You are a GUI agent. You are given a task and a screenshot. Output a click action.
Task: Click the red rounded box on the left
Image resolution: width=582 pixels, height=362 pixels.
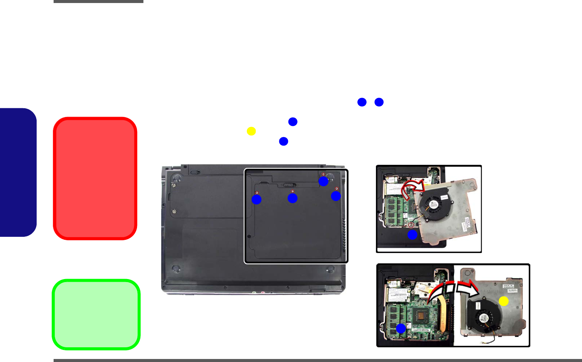95,178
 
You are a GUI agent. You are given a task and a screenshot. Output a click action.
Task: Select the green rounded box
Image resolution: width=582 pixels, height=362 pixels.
96,314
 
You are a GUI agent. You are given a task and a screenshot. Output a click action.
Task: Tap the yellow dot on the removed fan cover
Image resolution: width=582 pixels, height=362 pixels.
503,301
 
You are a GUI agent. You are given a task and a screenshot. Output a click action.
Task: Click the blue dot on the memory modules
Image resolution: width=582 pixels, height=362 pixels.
401,328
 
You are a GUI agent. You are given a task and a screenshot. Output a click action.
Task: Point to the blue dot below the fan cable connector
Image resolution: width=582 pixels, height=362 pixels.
412,235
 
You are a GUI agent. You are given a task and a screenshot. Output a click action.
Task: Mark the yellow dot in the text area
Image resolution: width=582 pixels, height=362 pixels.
251,131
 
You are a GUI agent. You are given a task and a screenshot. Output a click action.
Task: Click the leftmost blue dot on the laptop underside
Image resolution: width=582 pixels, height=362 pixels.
257,199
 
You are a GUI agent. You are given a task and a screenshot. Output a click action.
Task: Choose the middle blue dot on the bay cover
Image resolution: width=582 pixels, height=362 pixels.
293,198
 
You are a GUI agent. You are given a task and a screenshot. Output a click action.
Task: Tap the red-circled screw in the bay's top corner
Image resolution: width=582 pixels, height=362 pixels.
323,174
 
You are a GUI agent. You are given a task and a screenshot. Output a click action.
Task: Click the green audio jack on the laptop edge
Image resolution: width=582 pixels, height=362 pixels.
254,292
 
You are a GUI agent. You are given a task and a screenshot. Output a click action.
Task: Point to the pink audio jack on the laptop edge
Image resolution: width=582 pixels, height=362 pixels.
261,292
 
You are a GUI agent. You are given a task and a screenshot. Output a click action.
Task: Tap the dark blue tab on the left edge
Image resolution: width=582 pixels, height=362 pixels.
18,172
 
